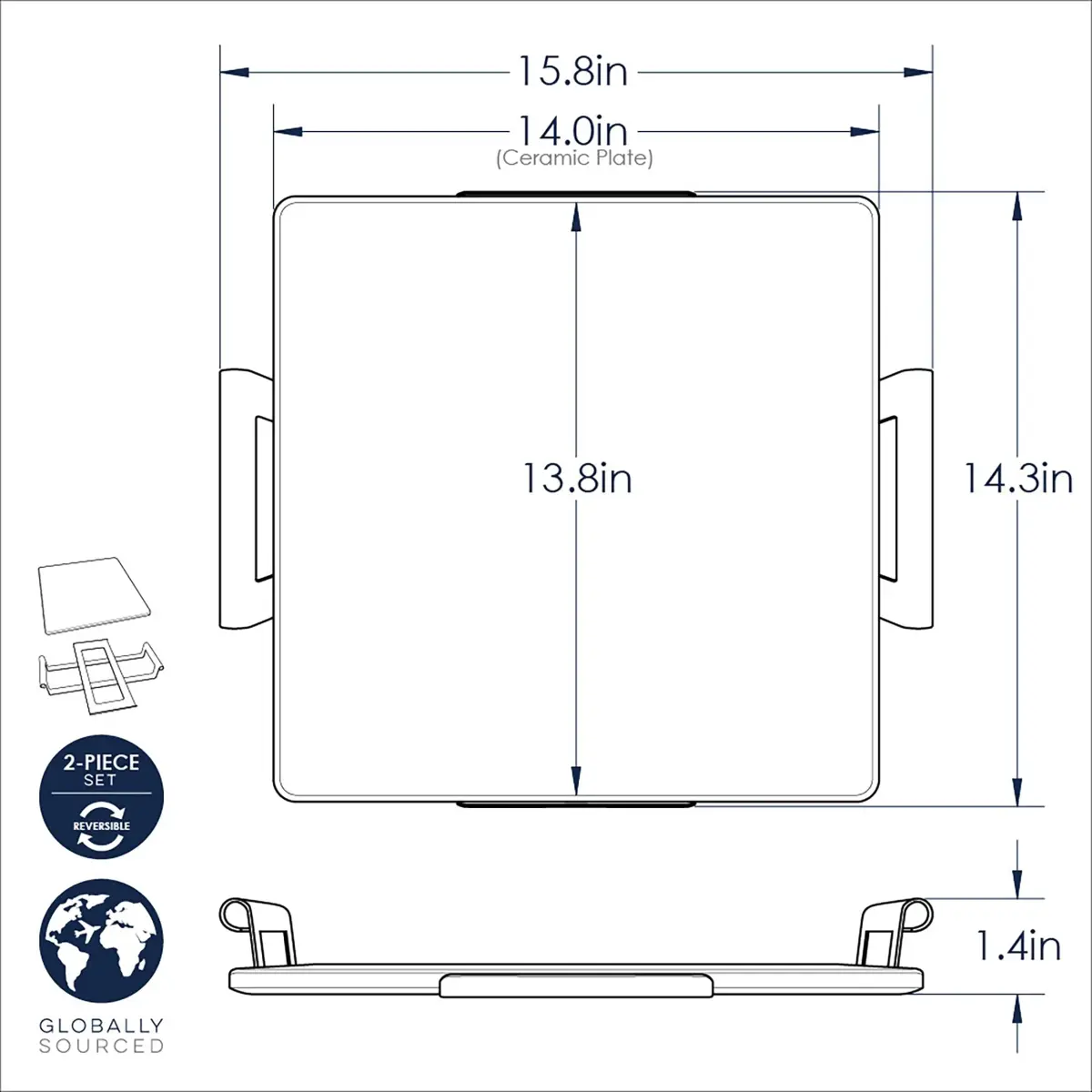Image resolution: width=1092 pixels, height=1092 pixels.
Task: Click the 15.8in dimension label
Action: (572, 72)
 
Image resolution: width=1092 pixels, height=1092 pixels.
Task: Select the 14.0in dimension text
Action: (573, 131)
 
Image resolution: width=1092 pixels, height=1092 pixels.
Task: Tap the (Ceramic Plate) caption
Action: (574, 157)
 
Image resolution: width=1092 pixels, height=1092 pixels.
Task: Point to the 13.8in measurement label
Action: (576, 479)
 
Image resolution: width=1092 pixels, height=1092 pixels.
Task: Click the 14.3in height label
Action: (1017, 479)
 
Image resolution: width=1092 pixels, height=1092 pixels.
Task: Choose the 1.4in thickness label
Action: (1017, 945)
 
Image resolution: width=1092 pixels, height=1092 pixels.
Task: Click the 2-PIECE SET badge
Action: (101, 797)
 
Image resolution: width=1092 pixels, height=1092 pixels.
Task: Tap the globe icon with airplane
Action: (101, 941)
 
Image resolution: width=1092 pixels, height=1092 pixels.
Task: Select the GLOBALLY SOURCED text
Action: (101, 1036)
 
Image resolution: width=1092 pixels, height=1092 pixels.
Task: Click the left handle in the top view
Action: (246, 499)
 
